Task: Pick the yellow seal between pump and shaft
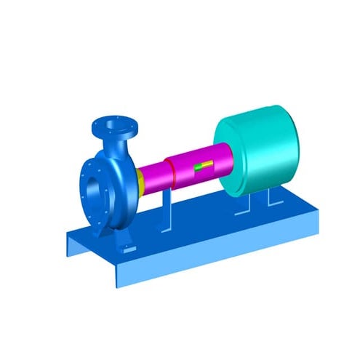tap(138, 180)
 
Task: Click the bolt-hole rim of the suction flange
tap(82, 182)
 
